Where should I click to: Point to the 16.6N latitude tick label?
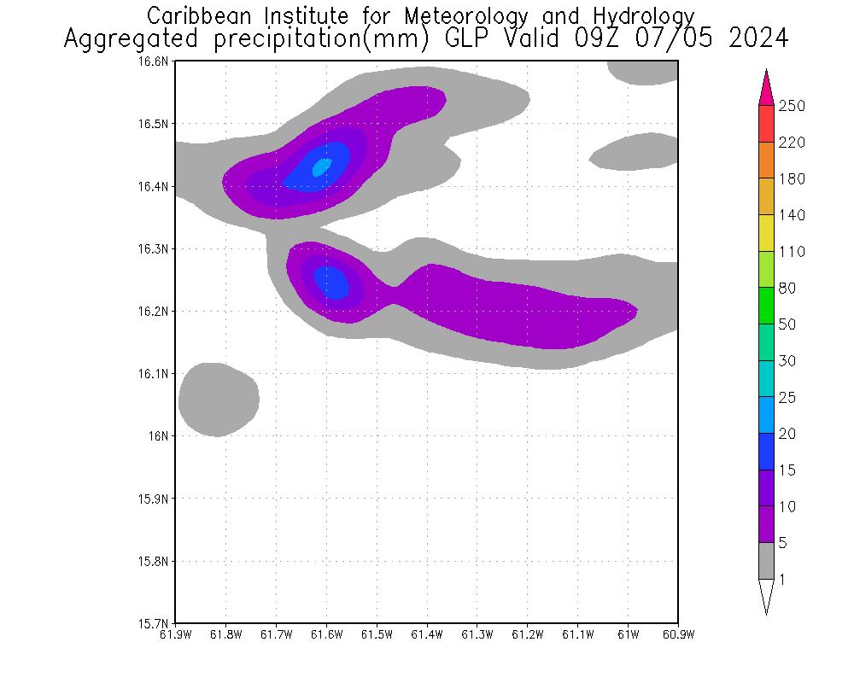pos(158,61)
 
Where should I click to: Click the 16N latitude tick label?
pos(162,436)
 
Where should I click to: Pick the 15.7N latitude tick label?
pos(158,623)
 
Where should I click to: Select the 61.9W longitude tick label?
pos(175,634)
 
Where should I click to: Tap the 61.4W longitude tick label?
pos(426,634)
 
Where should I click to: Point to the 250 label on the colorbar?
pos(792,106)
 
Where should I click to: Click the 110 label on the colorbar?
pos(792,252)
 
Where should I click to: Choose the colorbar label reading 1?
pos(781,580)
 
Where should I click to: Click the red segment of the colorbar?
pos(766,124)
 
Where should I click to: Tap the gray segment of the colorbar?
pos(766,561)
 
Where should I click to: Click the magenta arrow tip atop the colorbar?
pos(766,85)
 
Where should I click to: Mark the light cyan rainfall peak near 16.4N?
pos(320,167)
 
